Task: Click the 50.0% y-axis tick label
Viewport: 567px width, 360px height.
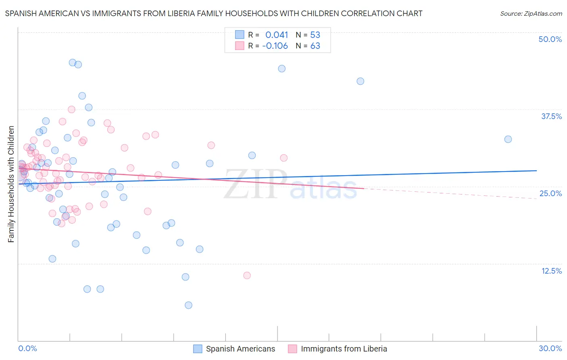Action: pyautogui.click(x=550, y=39)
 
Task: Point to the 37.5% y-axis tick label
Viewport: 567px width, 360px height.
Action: pyautogui.click(x=551, y=116)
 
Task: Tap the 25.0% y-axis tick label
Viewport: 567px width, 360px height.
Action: pyautogui.click(x=550, y=193)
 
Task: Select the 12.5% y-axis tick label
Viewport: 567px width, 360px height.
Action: pyautogui.click(x=551, y=271)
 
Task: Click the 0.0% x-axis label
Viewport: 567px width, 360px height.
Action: pyautogui.click(x=27, y=349)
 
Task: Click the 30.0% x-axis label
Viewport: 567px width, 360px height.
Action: pyautogui.click(x=550, y=349)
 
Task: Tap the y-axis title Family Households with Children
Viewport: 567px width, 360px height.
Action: pyautogui.click(x=11, y=184)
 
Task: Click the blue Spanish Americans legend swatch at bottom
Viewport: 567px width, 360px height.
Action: pyautogui.click(x=198, y=349)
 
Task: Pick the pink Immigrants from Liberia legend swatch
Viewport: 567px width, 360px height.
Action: pyautogui.click(x=292, y=349)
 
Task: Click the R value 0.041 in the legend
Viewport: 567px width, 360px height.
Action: pyautogui.click(x=277, y=35)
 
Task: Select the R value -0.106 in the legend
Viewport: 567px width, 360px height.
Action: pyautogui.click(x=275, y=46)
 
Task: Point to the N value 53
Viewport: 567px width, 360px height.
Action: pyautogui.click(x=315, y=35)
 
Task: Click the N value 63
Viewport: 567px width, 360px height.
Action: pyautogui.click(x=315, y=46)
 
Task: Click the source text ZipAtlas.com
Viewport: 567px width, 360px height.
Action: pyautogui.click(x=531, y=14)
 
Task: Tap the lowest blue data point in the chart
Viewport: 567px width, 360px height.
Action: pyautogui.click(x=188, y=305)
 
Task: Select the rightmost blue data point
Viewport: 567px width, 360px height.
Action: pyautogui.click(x=508, y=139)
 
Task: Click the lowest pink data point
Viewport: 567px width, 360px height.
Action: pyautogui.click(x=247, y=275)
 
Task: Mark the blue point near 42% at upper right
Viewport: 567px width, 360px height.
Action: pyautogui.click(x=361, y=81)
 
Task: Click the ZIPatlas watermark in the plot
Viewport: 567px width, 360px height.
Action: pyautogui.click(x=290, y=185)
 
